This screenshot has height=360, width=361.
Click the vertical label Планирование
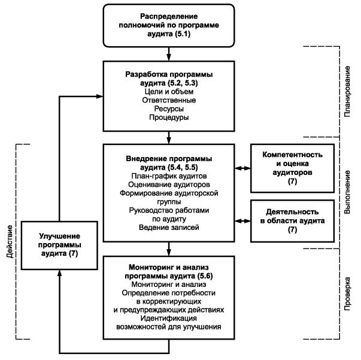click(x=347, y=92)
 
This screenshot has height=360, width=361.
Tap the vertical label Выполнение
click(x=347, y=192)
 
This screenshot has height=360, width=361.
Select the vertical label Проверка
click(x=347, y=294)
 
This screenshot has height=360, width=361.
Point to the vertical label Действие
click(x=10, y=241)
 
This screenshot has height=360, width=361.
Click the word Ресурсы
click(x=169, y=108)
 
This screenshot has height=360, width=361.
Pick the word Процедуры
click(x=169, y=117)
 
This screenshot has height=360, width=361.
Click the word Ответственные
click(x=169, y=100)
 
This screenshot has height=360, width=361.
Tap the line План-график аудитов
click(x=169, y=176)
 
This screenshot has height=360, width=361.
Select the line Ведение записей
click(x=169, y=228)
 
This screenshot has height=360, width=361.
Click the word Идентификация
click(x=169, y=318)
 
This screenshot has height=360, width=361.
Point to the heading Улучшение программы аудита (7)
click(x=59, y=245)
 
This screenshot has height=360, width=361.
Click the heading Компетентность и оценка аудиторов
click(x=292, y=164)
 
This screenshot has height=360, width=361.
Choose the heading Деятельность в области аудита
click(x=292, y=216)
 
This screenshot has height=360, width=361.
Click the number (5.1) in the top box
click(x=183, y=34)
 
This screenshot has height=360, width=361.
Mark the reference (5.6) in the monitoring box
click(x=204, y=276)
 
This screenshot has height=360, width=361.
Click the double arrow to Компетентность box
click(x=242, y=168)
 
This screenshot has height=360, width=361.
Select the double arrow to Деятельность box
click(x=242, y=221)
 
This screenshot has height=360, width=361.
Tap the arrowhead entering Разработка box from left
click(x=99, y=96)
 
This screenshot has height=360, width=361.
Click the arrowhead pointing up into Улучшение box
click(x=59, y=273)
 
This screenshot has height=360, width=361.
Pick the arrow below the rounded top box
click(x=169, y=54)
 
